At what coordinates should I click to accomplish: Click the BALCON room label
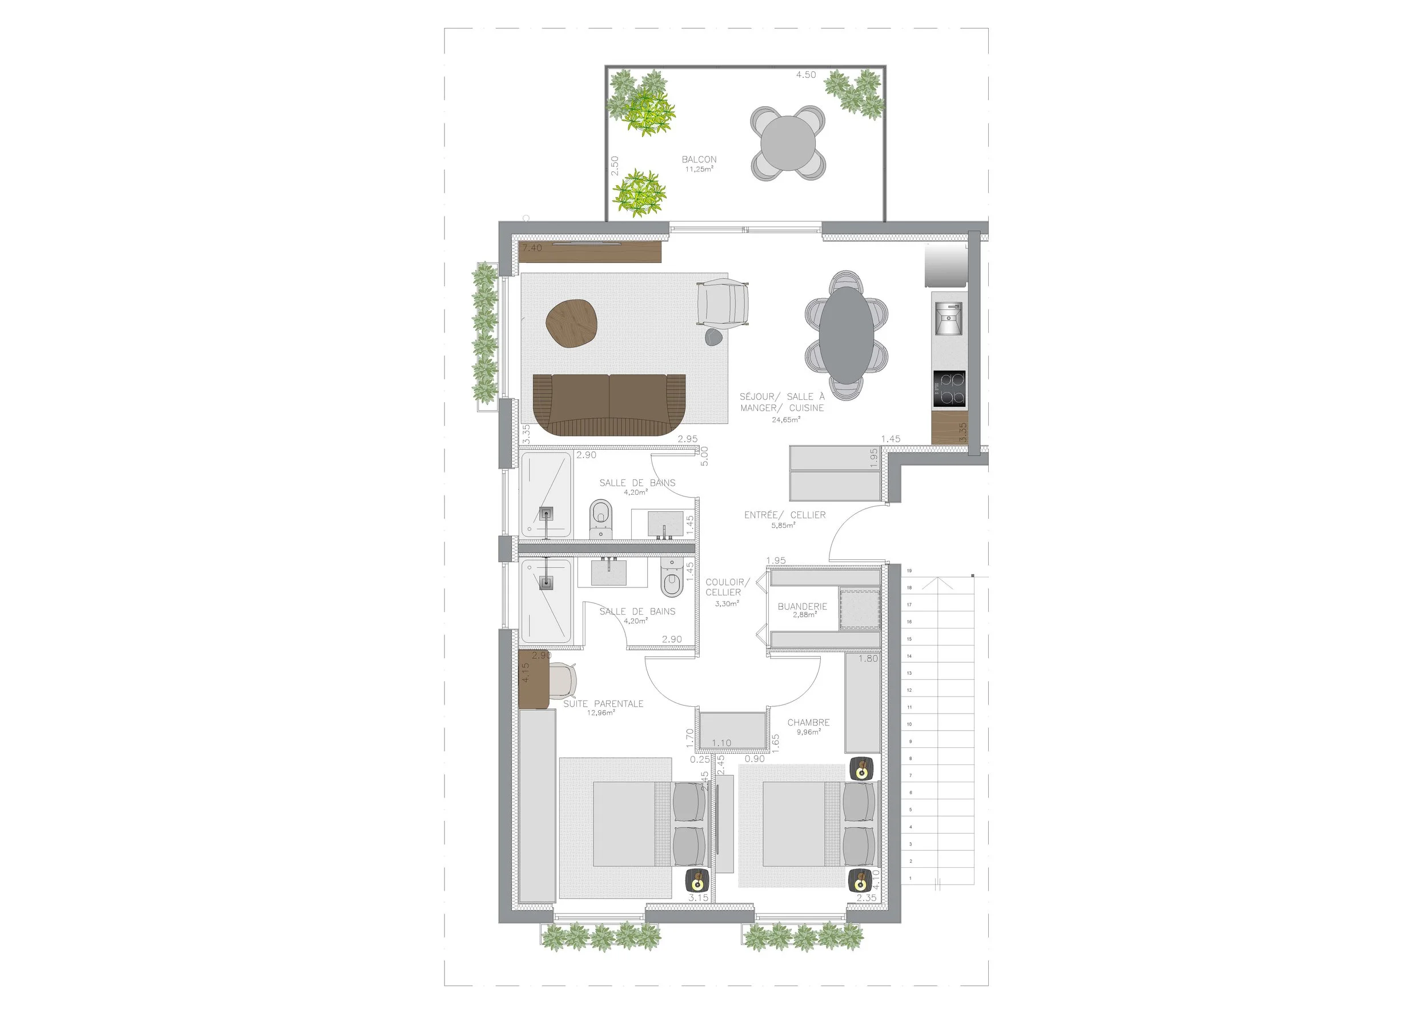(x=699, y=160)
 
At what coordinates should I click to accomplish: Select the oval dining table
(x=847, y=335)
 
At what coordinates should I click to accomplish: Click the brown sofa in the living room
(x=609, y=405)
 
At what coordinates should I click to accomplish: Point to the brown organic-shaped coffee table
(x=572, y=323)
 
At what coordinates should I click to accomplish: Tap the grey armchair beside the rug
(x=722, y=303)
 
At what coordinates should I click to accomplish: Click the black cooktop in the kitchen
(x=949, y=388)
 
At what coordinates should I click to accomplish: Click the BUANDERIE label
(x=803, y=607)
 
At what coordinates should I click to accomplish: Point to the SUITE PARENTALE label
(x=603, y=703)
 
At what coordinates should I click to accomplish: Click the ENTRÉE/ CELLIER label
(x=785, y=515)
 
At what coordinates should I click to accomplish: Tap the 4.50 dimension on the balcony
(x=806, y=75)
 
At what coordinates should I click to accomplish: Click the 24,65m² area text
(x=786, y=420)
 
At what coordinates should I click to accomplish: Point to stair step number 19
(x=909, y=570)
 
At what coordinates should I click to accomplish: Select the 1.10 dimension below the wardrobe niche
(x=721, y=743)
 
